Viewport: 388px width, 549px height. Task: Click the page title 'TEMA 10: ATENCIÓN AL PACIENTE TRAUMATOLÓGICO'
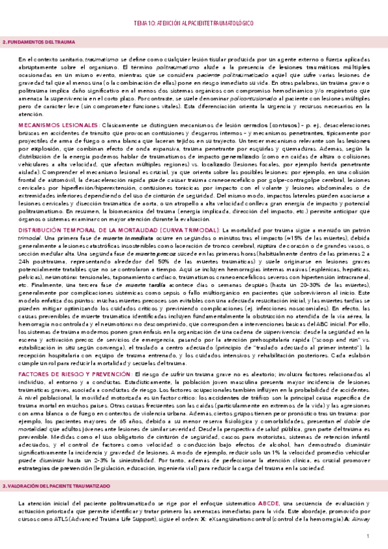coord(194,21)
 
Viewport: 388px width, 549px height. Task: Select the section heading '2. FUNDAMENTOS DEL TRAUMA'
coord(39,42)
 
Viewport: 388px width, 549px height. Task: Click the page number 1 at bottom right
coord(367,535)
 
